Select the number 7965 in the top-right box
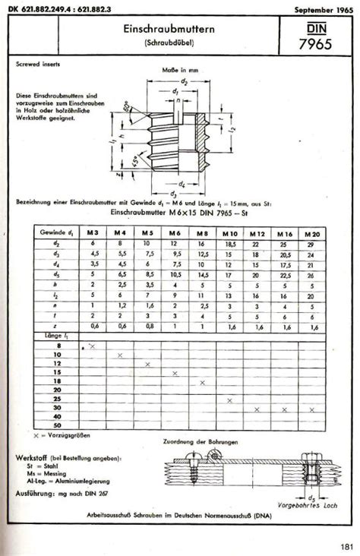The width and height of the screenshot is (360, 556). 312,44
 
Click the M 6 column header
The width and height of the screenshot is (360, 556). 175,233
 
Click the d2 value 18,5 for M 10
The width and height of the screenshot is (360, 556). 229,244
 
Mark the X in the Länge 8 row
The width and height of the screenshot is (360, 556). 91,345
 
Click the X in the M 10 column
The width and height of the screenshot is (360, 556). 229,400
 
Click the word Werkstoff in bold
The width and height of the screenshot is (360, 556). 34,459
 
